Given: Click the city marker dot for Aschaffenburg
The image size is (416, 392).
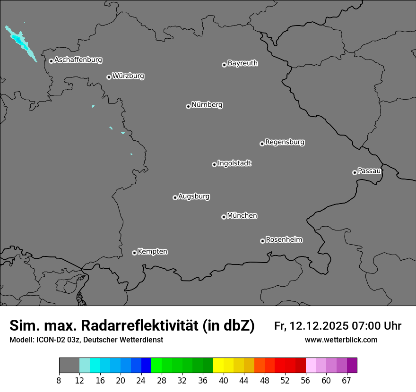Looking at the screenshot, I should pos(51,61).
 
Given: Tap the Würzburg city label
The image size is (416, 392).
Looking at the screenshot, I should pos(128,76).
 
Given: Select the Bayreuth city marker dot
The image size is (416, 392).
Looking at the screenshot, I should pos(224,65).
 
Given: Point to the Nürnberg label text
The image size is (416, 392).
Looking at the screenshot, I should pos(207,105).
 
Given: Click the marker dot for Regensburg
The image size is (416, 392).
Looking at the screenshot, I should pos(262,144).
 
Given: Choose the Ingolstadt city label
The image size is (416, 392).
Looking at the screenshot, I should pos(234,163).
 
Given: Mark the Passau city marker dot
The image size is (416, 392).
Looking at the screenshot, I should pos(355,172).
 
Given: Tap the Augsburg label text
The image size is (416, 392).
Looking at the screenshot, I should pos(193,196).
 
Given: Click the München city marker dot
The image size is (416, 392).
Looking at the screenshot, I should pos(224,217).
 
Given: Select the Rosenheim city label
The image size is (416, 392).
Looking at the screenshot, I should pos(284,240).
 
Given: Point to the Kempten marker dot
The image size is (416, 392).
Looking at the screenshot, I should pos(134,253).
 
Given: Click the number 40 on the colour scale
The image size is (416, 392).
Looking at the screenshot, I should pos(223,381).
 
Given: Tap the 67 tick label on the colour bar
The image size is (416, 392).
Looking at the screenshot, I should pos(347,381).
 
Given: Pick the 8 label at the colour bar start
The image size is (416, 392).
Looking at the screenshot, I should pos(59,381).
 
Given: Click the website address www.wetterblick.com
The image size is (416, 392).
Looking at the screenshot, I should pos(341,340).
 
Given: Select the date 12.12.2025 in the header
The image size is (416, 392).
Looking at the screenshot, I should pos(319,326).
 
